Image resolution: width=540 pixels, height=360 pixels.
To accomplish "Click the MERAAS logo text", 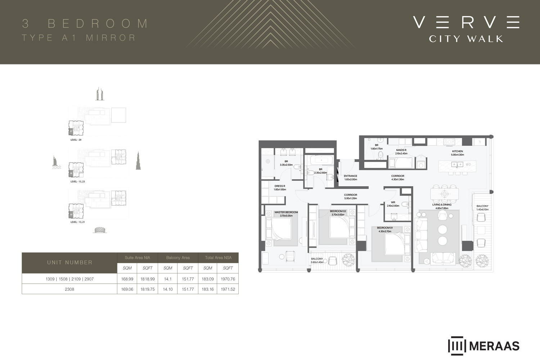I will (x=494, y=346).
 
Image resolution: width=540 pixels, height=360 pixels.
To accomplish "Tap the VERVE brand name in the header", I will (x=466, y=22).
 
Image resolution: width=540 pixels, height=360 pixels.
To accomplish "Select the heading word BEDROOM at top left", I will (x=98, y=24).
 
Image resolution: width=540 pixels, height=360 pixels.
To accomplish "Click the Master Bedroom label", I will (x=286, y=212).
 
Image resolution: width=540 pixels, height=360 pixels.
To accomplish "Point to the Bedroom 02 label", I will (x=338, y=211).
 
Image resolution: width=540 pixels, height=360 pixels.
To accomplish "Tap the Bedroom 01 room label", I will (x=385, y=228).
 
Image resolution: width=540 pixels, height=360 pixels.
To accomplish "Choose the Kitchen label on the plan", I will (x=458, y=152).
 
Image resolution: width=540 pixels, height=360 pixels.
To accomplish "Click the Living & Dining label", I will (x=442, y=205).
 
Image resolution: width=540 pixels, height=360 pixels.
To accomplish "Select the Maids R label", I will (x=401, y=150).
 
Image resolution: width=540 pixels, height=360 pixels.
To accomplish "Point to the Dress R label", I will (x=280, y=186).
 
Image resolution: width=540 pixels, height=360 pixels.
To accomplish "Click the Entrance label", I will (x=350, y=176).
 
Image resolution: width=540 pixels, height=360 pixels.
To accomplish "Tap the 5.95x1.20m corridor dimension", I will (x=350, y=198).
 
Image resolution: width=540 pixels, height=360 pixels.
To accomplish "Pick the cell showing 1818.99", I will (x=148, y=279).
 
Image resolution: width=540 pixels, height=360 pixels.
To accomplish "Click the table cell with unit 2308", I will (x=69, y=289).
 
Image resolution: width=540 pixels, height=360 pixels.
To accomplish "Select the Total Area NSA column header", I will (x=218, y=258).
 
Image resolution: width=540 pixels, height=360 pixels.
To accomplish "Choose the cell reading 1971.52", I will (x=228, y=289).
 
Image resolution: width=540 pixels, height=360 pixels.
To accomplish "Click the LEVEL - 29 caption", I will (x=76, y=140).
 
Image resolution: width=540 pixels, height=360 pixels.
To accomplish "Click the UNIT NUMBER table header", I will (x=69, y=262).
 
